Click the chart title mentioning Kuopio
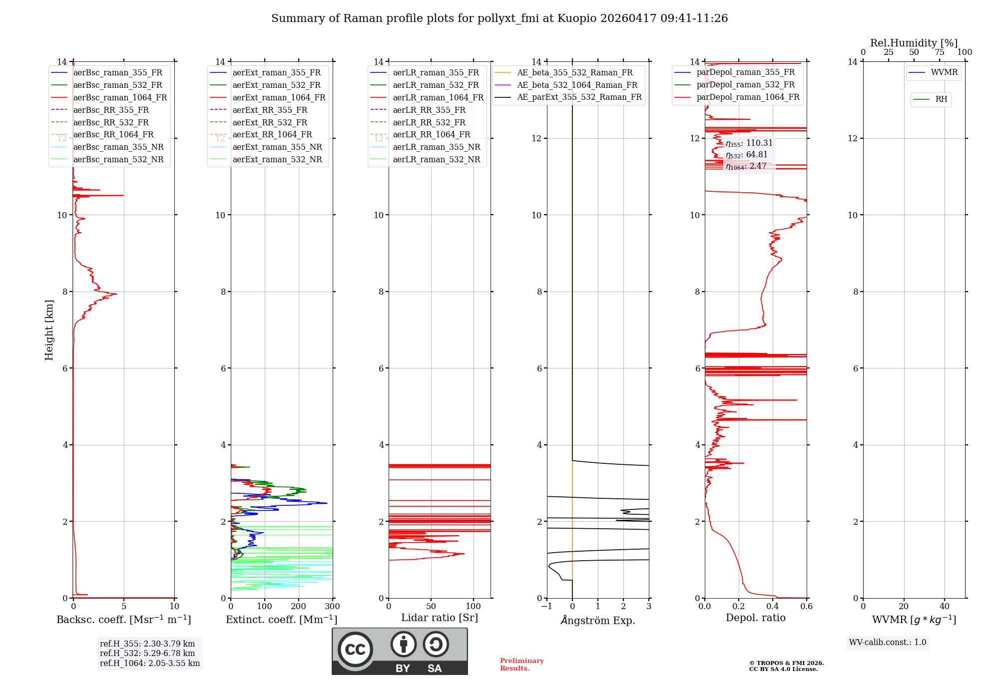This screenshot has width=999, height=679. point(499,18)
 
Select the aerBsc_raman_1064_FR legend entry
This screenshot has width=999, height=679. point(120,97)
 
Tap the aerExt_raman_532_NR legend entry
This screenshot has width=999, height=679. point(277,160)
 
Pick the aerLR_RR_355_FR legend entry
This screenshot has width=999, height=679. point(429,110)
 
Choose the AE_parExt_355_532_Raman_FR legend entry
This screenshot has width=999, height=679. point(579,97)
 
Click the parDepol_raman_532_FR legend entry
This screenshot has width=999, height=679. point(745,85)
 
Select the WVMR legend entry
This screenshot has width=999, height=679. point(944,72)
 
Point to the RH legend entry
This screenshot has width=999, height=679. point(941,99)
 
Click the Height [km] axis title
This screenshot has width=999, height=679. point(49,330)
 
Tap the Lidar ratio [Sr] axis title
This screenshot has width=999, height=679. point(440,618)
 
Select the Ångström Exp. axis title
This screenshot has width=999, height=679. point(598,620)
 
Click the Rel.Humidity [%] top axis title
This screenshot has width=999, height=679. point(914,43)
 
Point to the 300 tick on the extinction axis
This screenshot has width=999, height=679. point(332,607)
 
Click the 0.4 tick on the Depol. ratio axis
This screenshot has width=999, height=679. point(773,607)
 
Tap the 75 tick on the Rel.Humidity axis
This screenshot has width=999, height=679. point(939,52)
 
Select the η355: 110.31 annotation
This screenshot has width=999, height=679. point(749,143)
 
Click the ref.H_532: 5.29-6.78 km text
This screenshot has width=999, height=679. point(147,653)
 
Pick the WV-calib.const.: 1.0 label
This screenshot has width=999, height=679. point(888,643)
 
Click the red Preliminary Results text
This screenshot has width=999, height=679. point(521,665)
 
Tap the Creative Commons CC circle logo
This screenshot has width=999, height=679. point(355,650)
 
